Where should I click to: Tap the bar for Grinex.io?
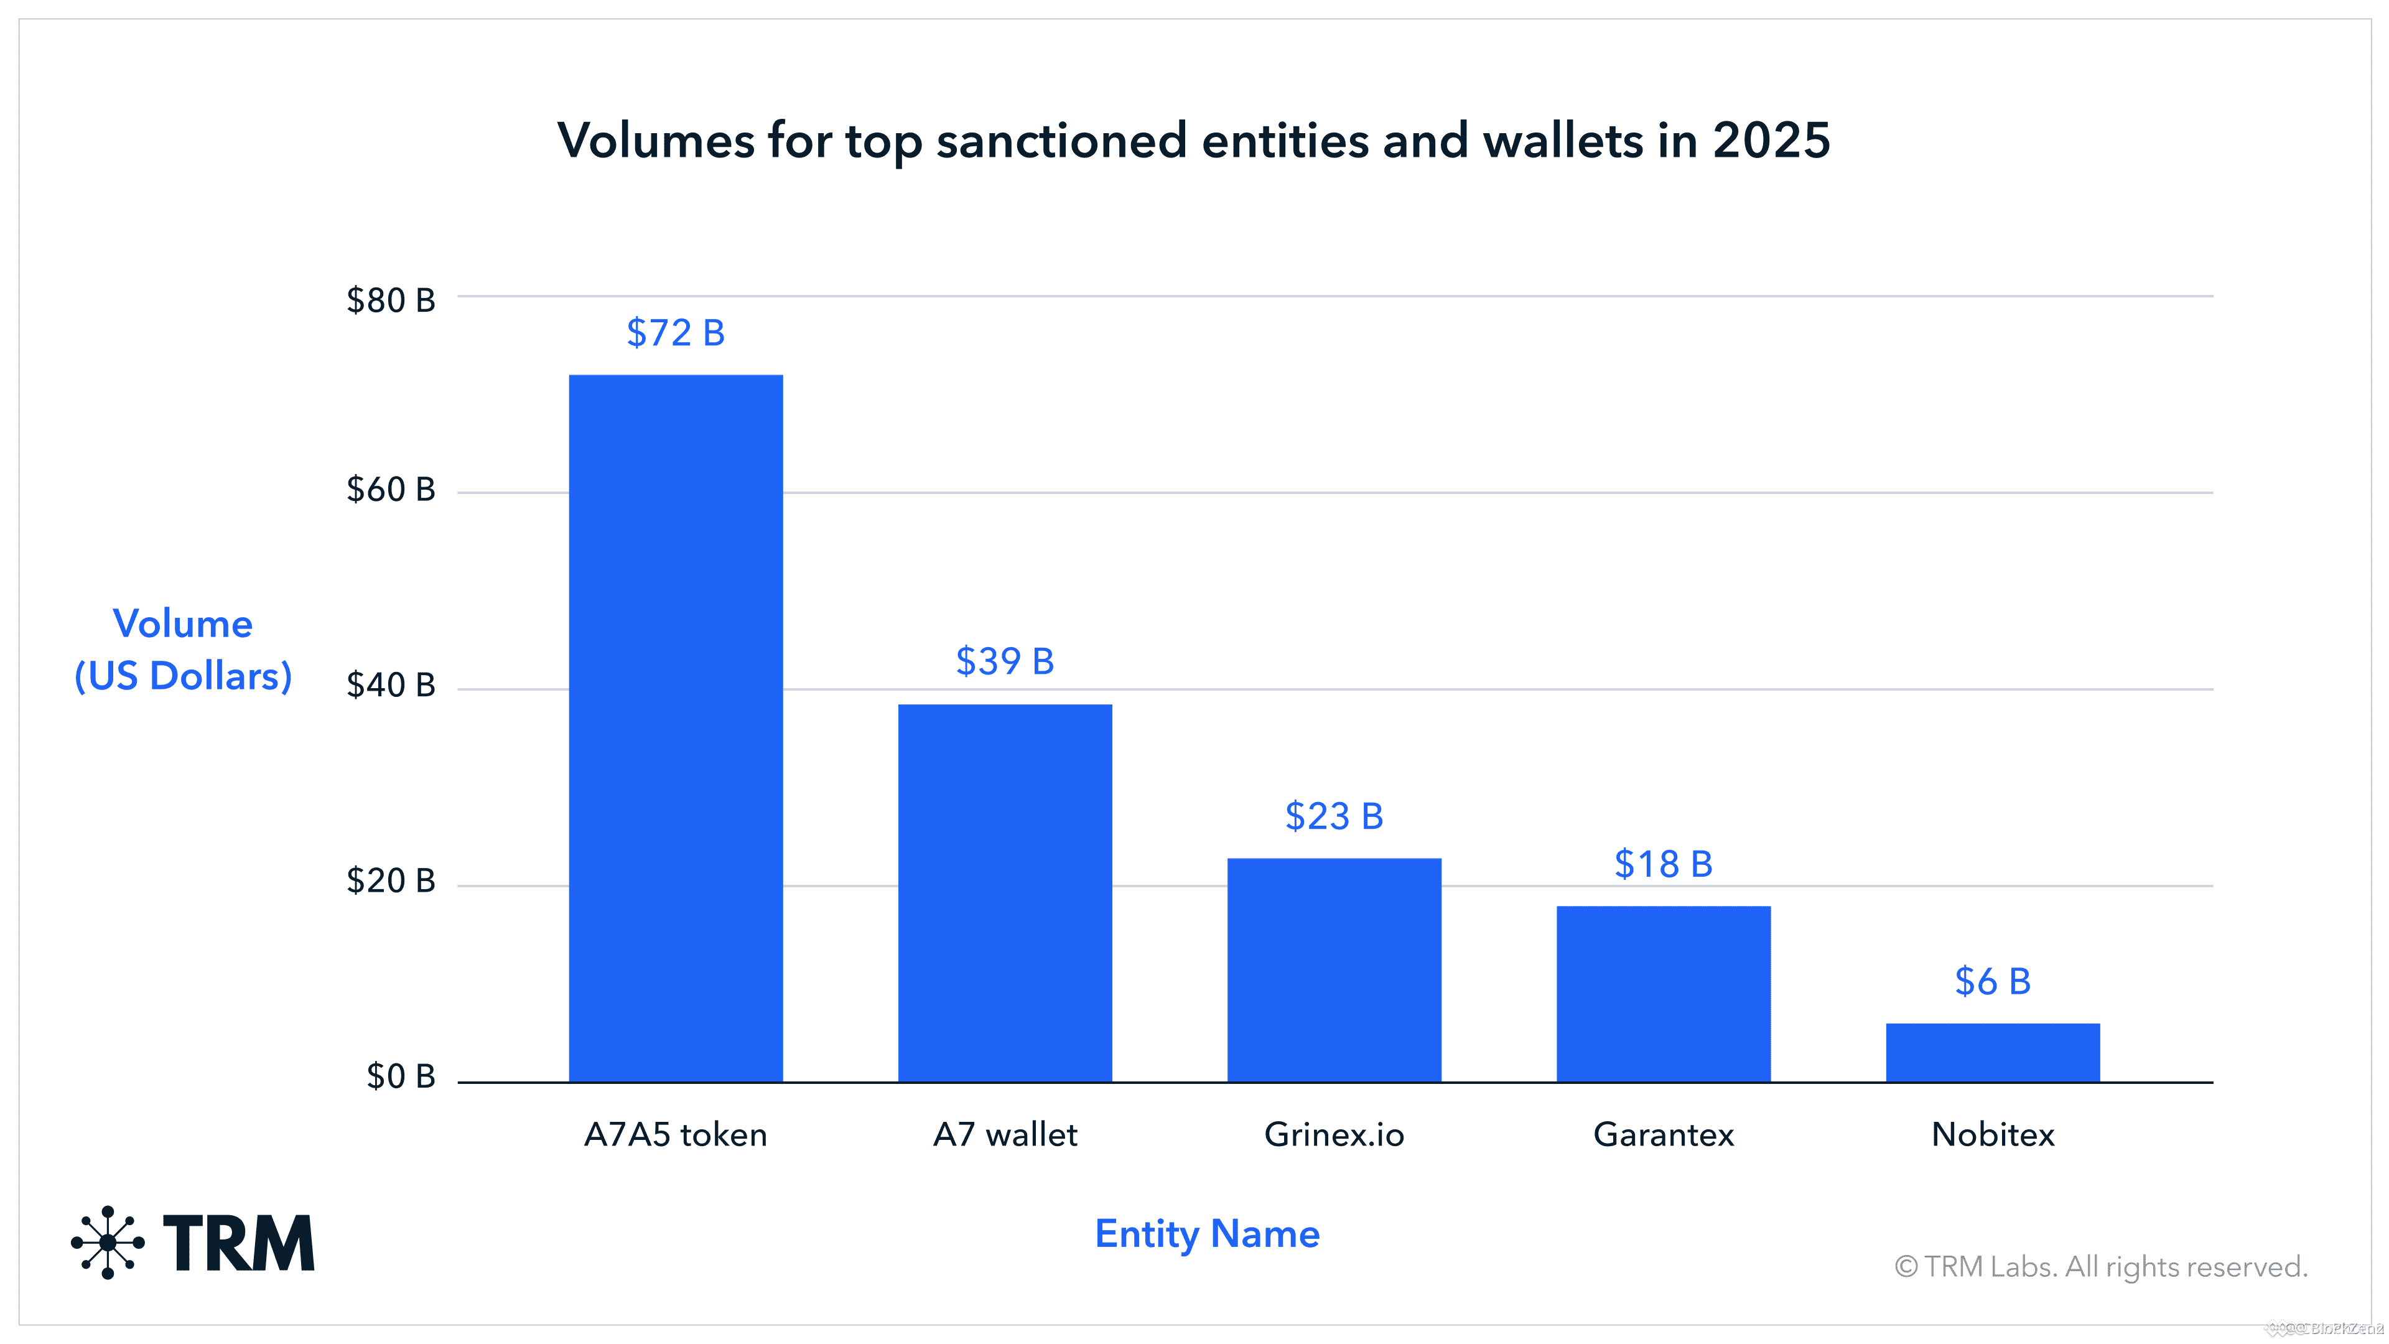click(x=1334, y=969)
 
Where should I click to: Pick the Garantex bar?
click(x=1663, y=994)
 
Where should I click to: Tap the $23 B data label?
click(x=1334, y=816)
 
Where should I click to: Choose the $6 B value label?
click(x=1992, y=981)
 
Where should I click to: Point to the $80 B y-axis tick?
click(x=391, y=301)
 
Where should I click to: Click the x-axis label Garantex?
click(x=1663, y=1134)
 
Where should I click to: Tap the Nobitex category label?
click(x=1992, y=1134)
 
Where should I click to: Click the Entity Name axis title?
click(x=1206, y=1234)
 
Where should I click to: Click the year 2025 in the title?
click(x=1771, y=141)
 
